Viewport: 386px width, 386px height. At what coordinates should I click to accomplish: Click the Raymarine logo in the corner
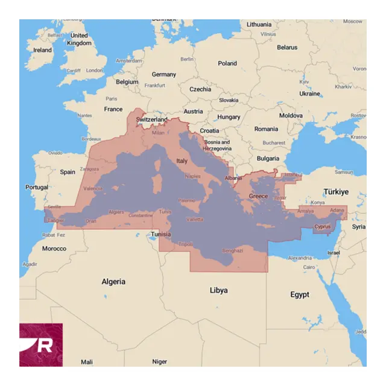tap(41, 344)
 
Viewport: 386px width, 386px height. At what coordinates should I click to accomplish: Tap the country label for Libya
tap(218, 290)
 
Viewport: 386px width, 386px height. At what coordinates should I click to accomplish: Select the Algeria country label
tap(113, 282)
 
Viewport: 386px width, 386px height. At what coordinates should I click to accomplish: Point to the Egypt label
tap(299, 295)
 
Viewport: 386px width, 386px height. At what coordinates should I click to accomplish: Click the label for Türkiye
tap(335, 192)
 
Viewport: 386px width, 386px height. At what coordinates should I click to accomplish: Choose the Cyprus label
tap(323, 227)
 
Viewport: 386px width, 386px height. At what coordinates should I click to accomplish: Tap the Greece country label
tap(258, 197)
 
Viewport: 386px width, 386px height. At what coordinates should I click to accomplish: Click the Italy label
tap(182, 161)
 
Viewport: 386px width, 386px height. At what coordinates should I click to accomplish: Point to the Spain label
tap(68, 172)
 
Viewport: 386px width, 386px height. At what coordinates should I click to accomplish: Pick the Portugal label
tap(36, 188)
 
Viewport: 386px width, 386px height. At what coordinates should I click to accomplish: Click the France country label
tap(113, 109)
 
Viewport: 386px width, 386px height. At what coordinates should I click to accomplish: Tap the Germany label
tap(164, 75)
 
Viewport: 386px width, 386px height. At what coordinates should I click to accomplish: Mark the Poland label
tap(227, 63)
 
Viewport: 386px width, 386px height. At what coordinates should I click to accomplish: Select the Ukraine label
tap(310, 94)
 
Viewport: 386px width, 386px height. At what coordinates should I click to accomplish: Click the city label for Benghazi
tap(233, 250)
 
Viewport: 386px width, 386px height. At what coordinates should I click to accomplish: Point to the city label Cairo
tap(309, 267)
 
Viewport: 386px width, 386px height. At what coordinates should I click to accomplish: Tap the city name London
tap(95, 71)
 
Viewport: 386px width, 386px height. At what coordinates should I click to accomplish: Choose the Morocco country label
tap(54, 248)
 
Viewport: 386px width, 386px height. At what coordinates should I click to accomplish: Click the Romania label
tap(266, 129)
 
